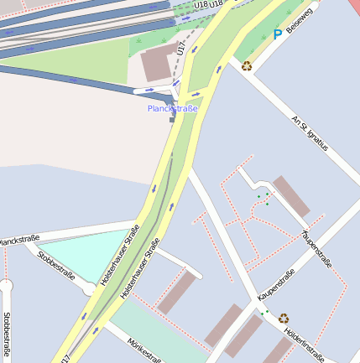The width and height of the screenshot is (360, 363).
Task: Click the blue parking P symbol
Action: [x=277, y=35]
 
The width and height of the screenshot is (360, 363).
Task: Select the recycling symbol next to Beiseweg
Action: [x=247, y=65]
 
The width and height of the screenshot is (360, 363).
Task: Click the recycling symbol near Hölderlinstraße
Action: [x=284, y=318]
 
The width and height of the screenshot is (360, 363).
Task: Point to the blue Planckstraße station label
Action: [x=172, y=109]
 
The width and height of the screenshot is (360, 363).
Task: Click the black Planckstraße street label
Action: [x=18, y=241]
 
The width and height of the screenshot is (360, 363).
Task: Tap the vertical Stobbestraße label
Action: [x=7, y=334]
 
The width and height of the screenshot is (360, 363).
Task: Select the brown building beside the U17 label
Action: [x=159, y=62]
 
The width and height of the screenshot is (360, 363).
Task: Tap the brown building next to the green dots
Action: [x=291, y=195]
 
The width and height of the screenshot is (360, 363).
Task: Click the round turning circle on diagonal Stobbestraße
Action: [x=89, y=289]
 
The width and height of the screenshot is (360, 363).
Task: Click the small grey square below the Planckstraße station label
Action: [x=173, y=120]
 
